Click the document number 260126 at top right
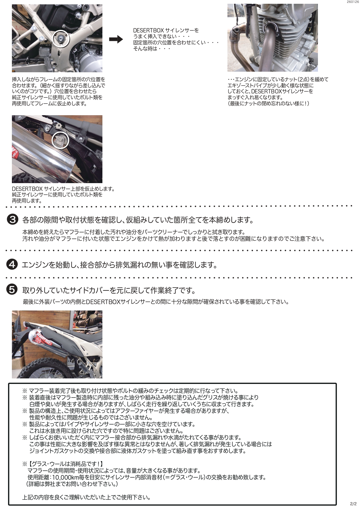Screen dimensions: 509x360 tap(352, 2)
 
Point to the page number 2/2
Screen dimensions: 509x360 tap(353, 504)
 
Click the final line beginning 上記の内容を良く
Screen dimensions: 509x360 tap(86, 497)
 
